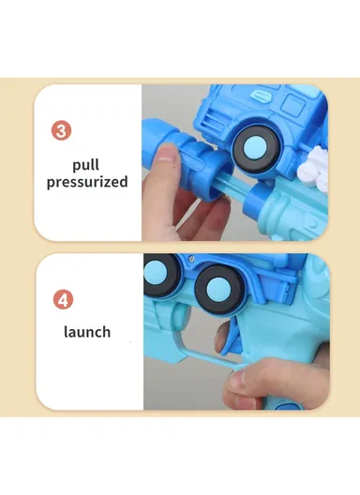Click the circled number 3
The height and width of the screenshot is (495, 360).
click(61, 131)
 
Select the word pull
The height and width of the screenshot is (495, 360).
click(86, 165)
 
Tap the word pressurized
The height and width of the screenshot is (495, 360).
click(86, 182)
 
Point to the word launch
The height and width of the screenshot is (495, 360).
click(86, 332)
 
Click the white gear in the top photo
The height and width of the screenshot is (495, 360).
click(308, 170)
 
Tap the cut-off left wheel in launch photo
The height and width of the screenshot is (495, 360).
click(160, 271)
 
